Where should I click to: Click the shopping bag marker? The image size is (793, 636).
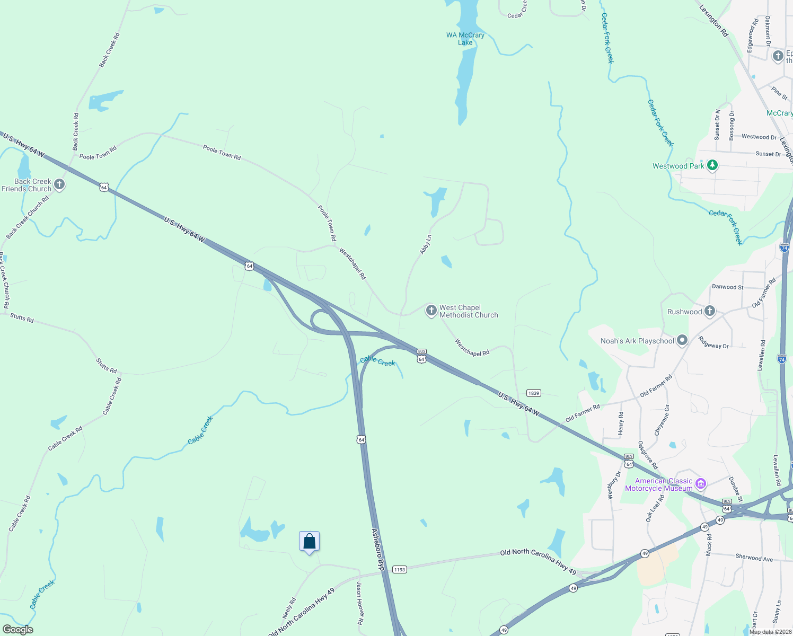[309, 542]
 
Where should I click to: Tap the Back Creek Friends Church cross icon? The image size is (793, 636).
[59, 184]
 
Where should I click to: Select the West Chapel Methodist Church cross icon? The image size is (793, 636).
[431, 311]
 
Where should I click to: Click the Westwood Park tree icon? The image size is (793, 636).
[712, 165]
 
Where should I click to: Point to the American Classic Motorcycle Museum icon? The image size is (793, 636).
[701, 483]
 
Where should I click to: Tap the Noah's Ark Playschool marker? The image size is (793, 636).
[682, 340]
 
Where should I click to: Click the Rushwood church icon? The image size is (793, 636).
[710, 311]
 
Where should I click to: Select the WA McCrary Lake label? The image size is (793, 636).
[465, 39]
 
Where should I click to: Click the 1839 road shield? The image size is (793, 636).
[533, 393]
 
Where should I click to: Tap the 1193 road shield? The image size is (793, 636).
[399, 570]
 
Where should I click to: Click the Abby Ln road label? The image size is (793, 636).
[426, 244]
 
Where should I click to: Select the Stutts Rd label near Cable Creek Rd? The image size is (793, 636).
[106, 366]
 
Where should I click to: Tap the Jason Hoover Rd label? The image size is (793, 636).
[360, 603]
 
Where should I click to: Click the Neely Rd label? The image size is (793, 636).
[289, 608]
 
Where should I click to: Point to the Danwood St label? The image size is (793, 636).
[727, 287]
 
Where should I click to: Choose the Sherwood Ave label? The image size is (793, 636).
[754, 558]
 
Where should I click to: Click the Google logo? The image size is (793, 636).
[18, 630]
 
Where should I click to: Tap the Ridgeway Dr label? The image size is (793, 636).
[713, 343]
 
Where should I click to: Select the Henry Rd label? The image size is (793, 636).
[621, 423]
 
